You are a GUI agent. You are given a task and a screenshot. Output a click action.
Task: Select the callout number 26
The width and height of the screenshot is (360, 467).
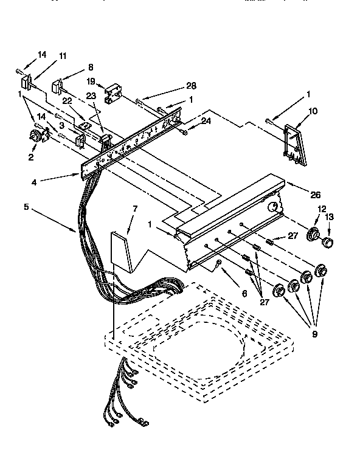click(314, 195)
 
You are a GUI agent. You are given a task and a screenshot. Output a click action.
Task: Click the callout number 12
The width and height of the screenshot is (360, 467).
click(322, 209)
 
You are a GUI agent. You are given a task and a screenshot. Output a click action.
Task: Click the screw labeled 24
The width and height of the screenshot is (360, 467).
click(184, 130)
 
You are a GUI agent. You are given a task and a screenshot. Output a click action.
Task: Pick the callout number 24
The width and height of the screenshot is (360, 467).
click(206, 120)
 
